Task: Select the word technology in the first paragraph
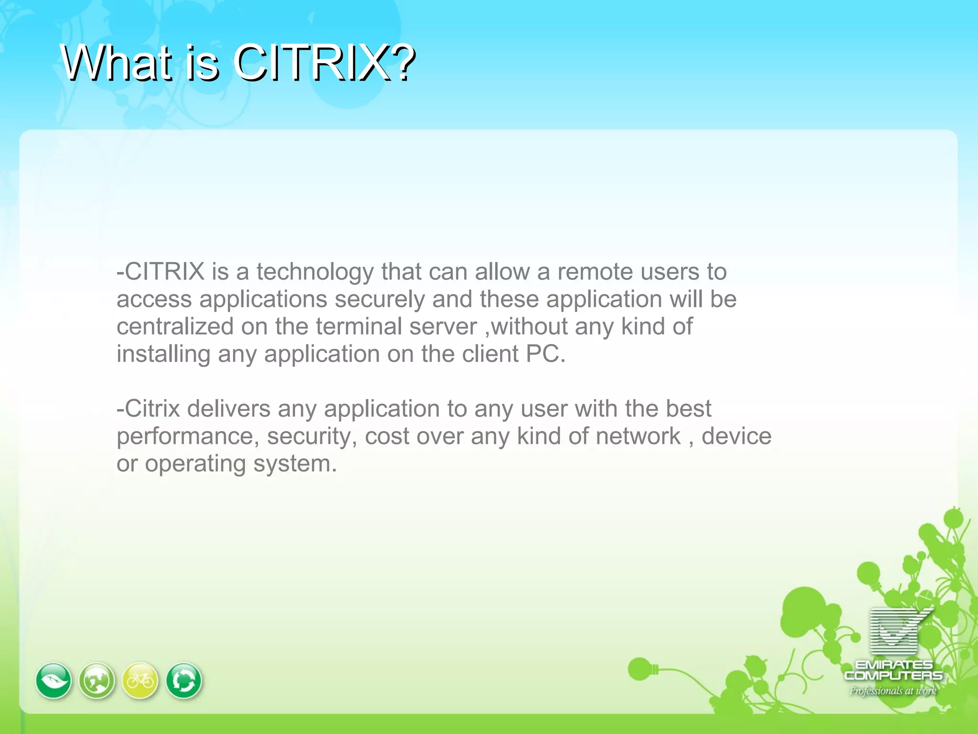coord(314,272)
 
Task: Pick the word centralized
coord(174,327)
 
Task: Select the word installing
coord(163,354)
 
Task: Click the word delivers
coord(228,409)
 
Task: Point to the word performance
coord(185,436)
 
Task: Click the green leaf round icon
coord(53,680)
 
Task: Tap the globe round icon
coord(97,680)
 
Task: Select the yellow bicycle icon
coord(140,680)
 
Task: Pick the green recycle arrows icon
coord(184,680)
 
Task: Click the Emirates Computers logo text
coord(893,670)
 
